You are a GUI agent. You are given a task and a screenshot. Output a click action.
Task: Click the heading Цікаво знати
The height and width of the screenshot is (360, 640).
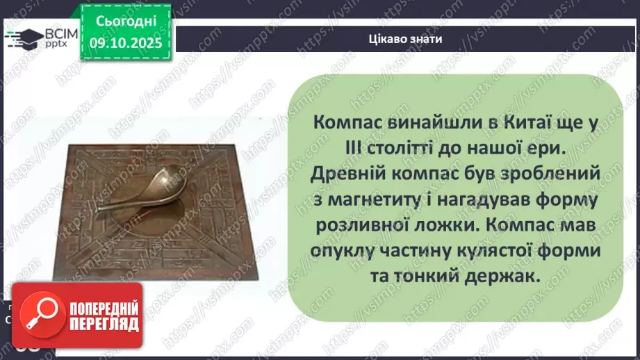click(407, 39)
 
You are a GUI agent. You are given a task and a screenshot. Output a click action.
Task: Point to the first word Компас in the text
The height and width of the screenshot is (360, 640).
click(347, 121)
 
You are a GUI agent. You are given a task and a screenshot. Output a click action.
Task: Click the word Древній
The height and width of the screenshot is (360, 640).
click(345, 173)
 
